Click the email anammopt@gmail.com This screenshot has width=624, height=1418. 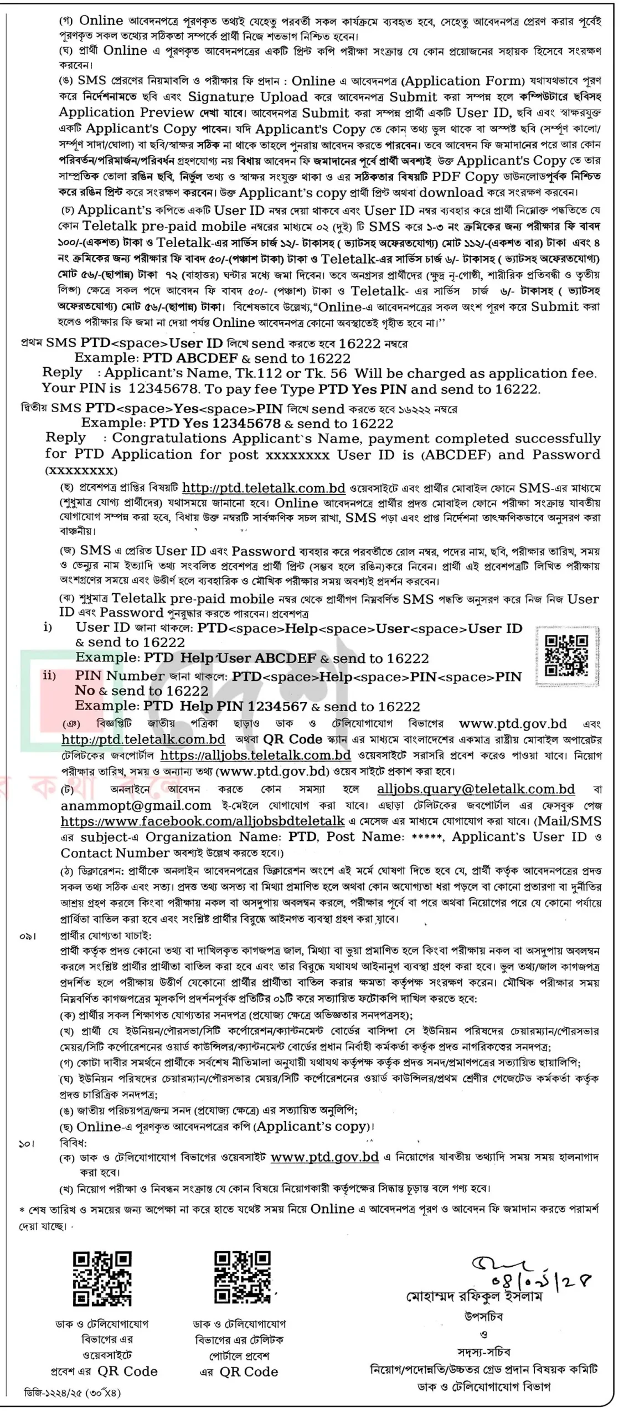coord(136,805)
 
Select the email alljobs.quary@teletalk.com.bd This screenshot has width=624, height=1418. coord(476,789)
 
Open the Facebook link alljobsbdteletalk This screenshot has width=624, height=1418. coord(203,821)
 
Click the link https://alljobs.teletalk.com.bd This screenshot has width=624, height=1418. coord(255,755)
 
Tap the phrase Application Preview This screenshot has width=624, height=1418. coord(126,112)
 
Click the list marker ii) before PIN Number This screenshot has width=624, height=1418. coord(49,676)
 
